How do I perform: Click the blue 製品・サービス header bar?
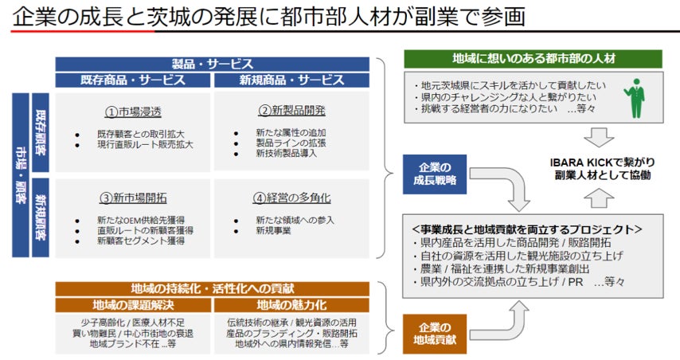213,64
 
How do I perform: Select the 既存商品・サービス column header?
133,80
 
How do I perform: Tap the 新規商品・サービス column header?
291,80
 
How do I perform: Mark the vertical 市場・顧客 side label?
20,175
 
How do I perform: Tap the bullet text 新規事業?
274,230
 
